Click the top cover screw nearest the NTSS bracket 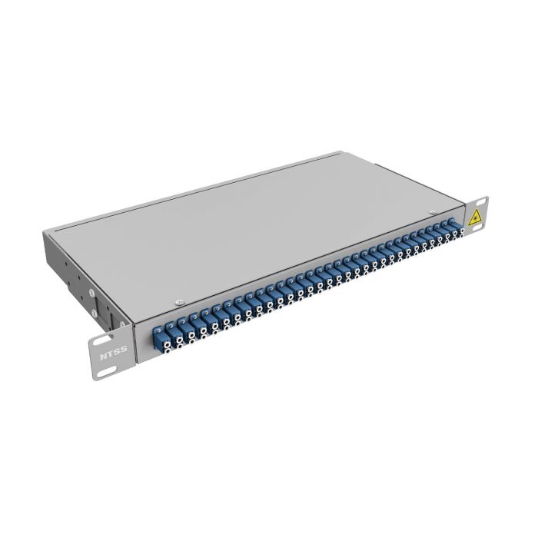coord(179,301)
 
